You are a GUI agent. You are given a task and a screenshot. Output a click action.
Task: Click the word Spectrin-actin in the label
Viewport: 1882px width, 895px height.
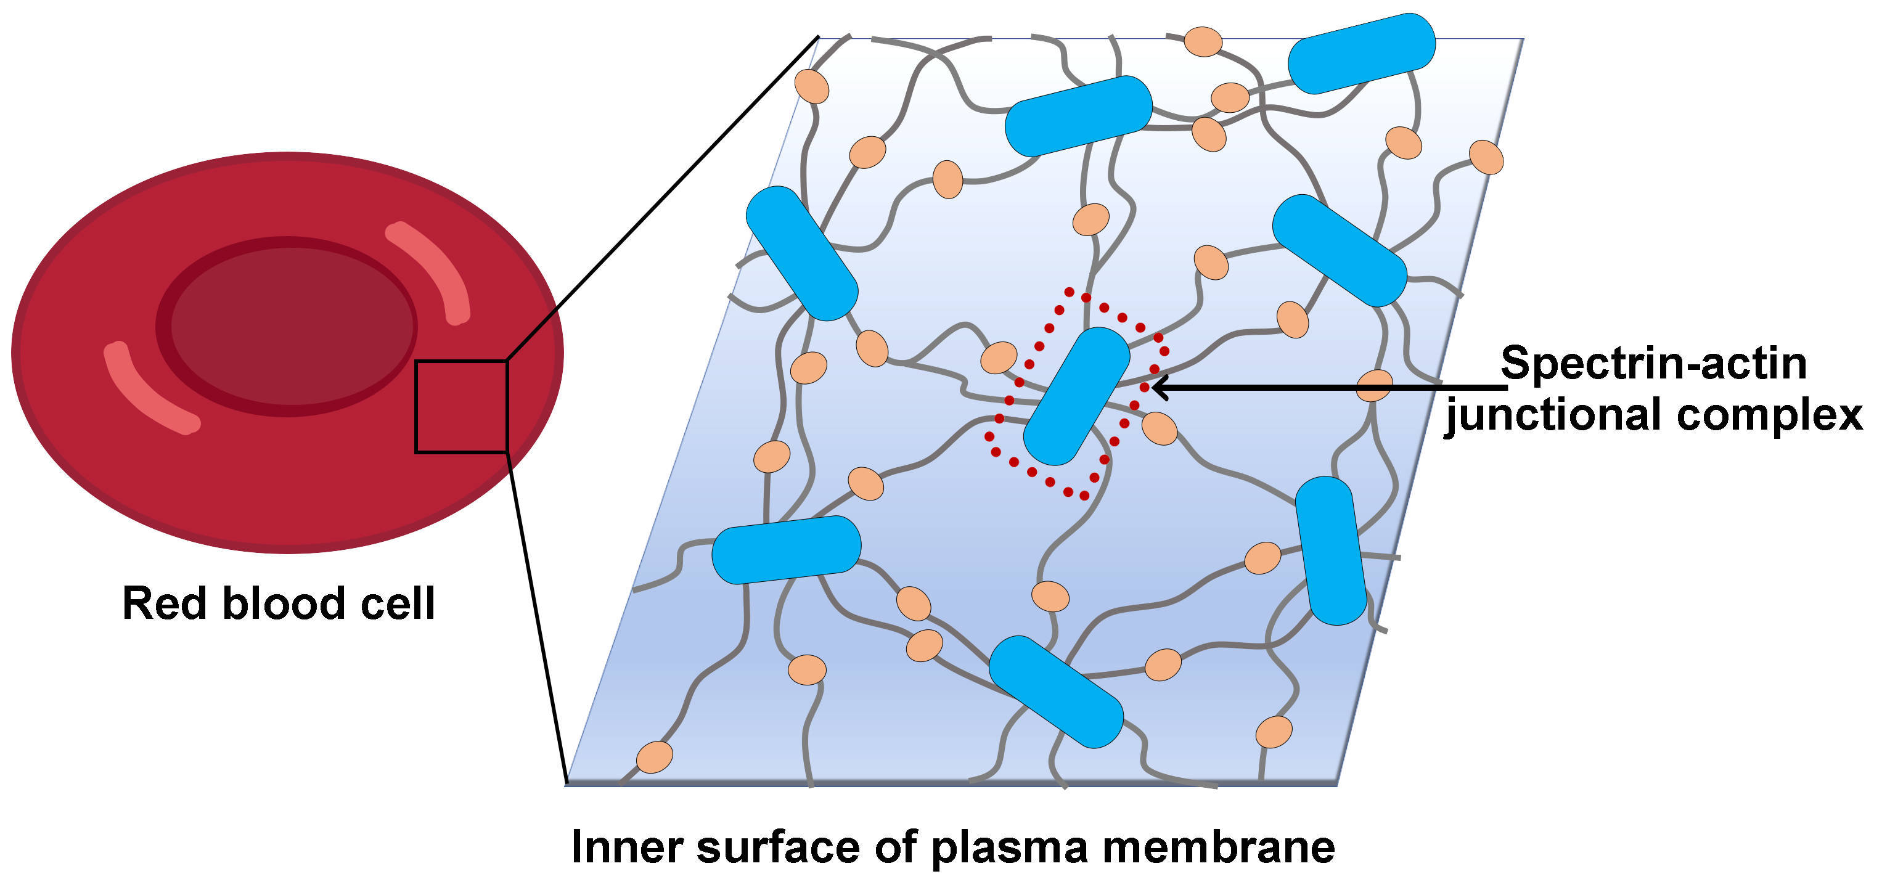pos(1653,363)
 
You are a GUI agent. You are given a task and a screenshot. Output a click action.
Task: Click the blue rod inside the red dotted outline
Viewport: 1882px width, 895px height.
pos(1076,395)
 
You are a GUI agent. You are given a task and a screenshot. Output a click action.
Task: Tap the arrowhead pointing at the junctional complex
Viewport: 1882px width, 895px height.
pos(1157,387)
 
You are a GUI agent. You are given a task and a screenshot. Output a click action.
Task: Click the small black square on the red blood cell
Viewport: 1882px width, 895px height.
pos(461,407)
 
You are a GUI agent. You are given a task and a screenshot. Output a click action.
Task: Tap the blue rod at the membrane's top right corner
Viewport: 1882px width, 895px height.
pos(1361,52)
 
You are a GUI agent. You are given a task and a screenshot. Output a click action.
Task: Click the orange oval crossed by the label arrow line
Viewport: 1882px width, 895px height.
pos(1373,386)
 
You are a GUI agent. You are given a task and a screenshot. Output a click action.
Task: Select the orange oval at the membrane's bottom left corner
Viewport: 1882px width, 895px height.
pos(655,757)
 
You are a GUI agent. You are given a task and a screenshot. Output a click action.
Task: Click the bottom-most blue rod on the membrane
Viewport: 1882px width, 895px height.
pos(1056,692)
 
